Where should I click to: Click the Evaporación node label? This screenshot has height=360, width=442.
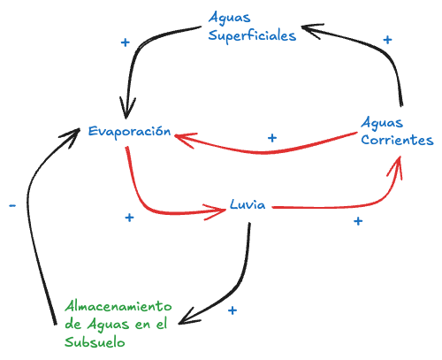click(x=128, y=131)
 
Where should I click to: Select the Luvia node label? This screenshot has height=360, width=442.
click(x=248, y=203)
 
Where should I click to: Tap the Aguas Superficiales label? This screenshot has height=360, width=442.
click(x=252, y=27)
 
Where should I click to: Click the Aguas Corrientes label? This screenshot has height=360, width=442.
click(x=397, y=131)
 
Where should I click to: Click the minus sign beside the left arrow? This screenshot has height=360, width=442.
click(x=11, y=205)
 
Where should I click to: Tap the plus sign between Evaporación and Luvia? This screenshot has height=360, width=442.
click(x=129, y=218)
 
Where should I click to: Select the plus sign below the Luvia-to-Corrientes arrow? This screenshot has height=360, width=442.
click(x=357, y=220)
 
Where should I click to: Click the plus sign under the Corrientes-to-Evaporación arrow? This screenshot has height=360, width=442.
click(x=272, y=138)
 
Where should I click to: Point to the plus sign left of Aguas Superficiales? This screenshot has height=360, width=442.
click(x=125, y=42)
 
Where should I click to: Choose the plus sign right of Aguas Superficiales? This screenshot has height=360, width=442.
click(x=386, y=39)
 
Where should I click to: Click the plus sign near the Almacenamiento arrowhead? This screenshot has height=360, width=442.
click(x=232, y=310)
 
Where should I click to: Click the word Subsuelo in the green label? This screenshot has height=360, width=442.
click(x=95, y=341)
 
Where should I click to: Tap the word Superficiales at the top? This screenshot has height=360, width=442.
click(x=252, y=35)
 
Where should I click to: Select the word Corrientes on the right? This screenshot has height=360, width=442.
click(x=397, y=140)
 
